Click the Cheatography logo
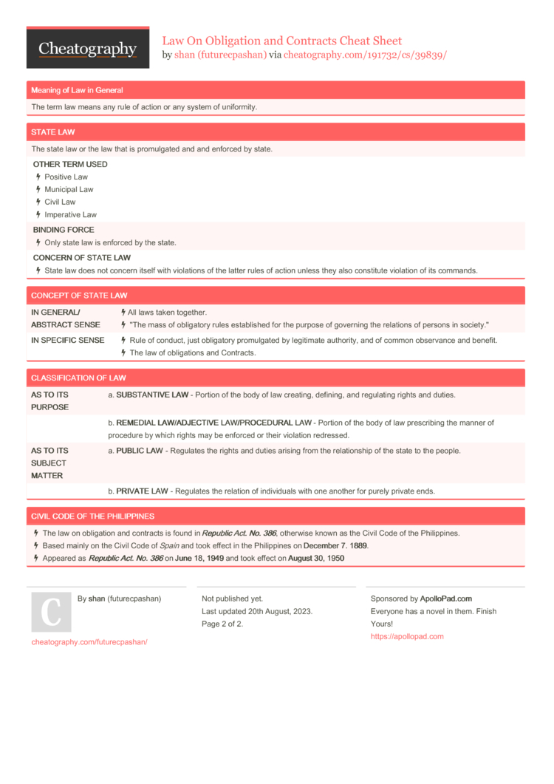[87, 49]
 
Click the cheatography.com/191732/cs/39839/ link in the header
[365, 55]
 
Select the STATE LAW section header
[52, 132]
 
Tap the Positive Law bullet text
[66, 177]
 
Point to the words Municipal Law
[69, 190]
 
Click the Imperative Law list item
[70, 215]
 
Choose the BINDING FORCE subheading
[64, 230]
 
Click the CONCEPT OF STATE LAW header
[79, 296]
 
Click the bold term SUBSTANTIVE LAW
[151, 395]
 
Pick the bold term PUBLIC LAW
[140, 451]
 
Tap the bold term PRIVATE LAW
[142, 491]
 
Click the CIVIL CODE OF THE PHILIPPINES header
[92, 516]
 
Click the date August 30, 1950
[315, 559]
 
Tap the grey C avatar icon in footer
[51, 612]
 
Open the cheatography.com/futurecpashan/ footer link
[89, 642]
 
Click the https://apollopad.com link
[407, 636]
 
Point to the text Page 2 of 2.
[222, 624]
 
